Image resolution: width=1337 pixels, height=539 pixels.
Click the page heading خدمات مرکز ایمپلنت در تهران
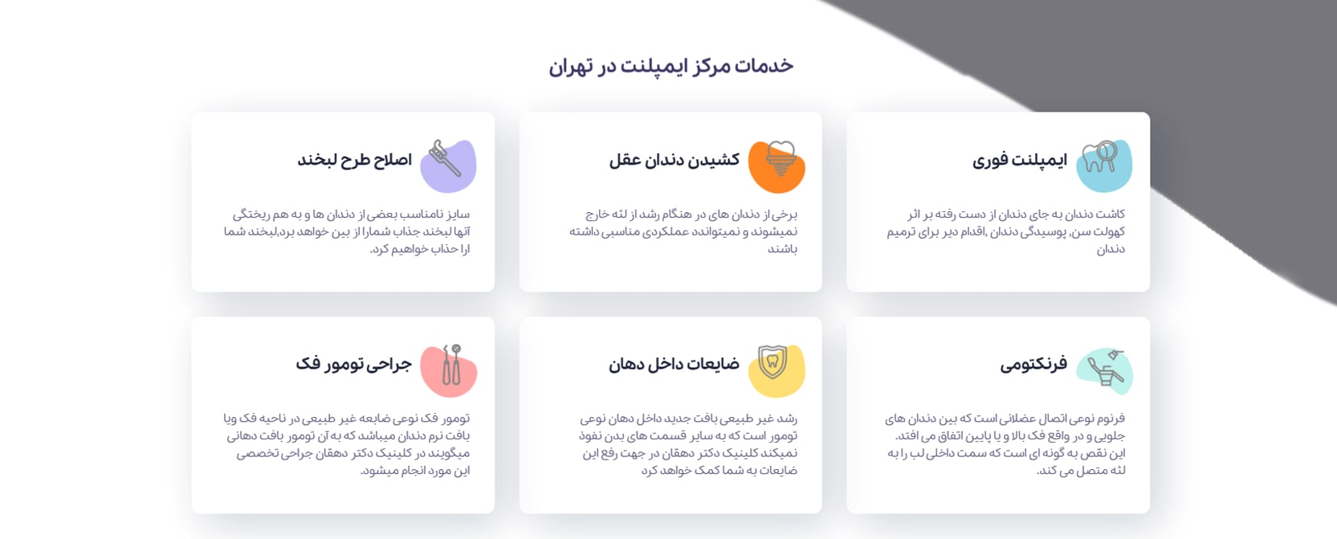[x=671, y=66]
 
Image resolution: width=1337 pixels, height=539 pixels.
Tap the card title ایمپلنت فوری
[x=1019, y=160]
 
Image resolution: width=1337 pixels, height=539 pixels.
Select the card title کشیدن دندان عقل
[x=674, y=160]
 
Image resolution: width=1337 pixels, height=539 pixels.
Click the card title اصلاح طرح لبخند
[x=354, y=160]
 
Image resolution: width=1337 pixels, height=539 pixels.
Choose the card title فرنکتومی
[x=1033, y=365]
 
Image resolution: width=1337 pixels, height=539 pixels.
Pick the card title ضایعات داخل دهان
[x=674, y=365]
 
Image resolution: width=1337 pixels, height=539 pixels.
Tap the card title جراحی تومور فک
[x=353, y=365]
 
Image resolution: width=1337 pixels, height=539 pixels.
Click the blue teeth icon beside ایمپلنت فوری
[x=1103, y=165]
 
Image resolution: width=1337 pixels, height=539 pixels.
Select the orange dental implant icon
[x=777, y=165]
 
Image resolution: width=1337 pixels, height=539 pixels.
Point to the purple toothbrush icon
[x=448, y=165]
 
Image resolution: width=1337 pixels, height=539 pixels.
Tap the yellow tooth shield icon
[x=775, y=370]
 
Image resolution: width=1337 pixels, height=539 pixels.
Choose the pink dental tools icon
[x=450, y=370]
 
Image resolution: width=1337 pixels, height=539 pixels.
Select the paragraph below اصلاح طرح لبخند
[x=348, y=231]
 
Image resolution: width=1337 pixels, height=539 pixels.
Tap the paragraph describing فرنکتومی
[x=1005, y=444]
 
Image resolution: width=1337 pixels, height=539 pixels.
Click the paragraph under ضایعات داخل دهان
[x=688, y=444]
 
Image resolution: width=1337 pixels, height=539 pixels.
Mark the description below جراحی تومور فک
[x=348, y=444]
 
